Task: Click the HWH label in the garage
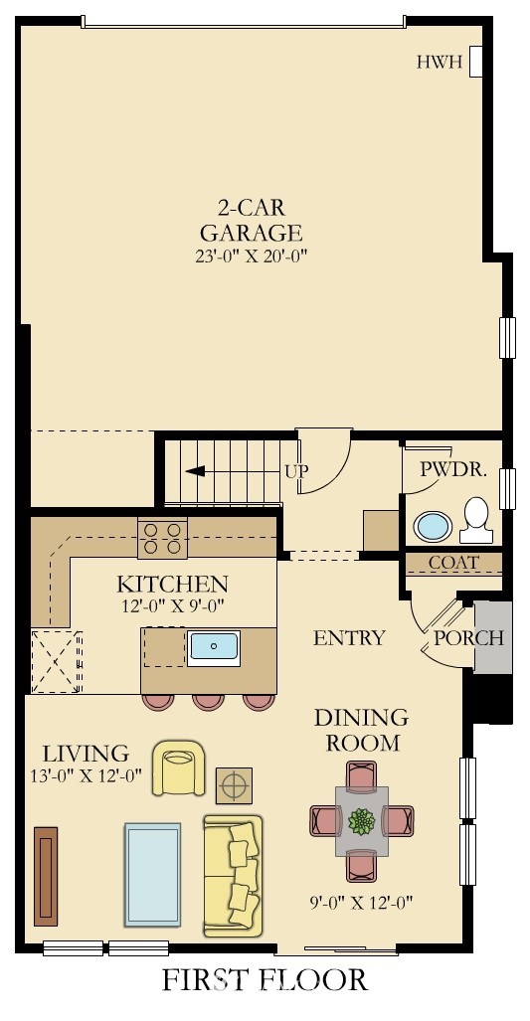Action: click(x=440, y=63)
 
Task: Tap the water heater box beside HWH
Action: click(x=476, y=62)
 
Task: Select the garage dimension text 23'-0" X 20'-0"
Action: click(x=251, y=255)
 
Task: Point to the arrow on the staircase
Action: click(x=195, y=471)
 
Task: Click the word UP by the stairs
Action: click(x=296, y=471)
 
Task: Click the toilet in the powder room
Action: click(x=476, y=520)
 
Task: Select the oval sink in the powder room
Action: click(x=433, y=526)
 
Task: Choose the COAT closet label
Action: click(x=453, y=562)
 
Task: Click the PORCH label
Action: click(x=468, y=638)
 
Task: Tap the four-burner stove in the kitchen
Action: click(x=162, y=539)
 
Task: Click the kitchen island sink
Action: click(x=214, y=648)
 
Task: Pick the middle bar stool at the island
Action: click(x=209, y=701)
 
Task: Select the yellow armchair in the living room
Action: click(x=178, y=767)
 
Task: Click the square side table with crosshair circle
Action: click(x=234, y=786)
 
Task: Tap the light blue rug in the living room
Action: click(x=153, y=874)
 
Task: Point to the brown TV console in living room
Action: click(x=46, y=876)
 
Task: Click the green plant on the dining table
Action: click(x=361, y=821)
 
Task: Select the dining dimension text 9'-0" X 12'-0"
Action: click(x=361, y=903)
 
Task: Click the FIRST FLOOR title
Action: click(x=265, y=980)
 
